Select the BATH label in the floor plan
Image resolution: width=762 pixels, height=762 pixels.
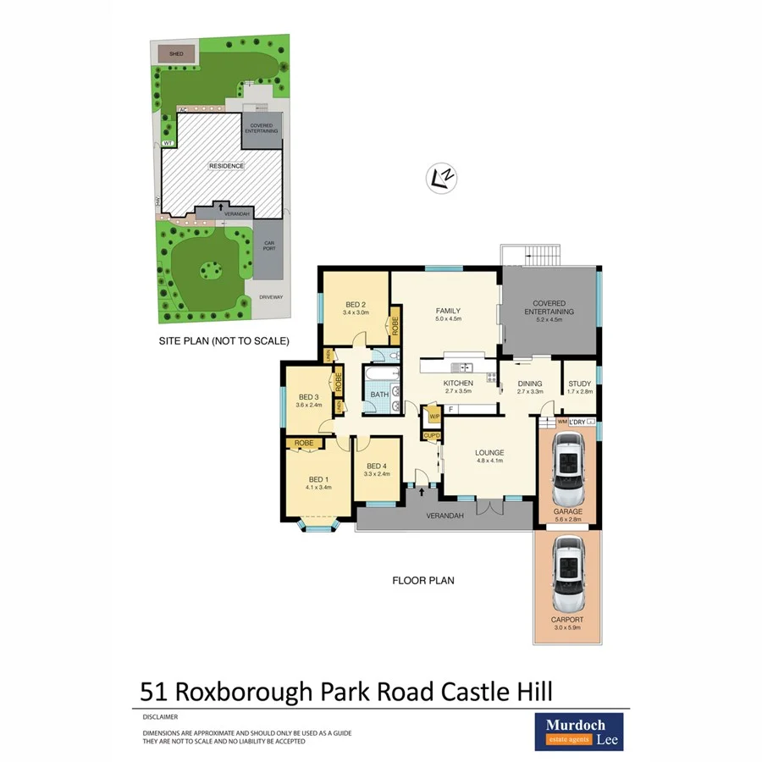378,394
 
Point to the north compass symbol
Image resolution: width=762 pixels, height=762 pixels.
441,177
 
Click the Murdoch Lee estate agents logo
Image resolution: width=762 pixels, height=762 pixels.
578,731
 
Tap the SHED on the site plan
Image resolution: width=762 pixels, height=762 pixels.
175,53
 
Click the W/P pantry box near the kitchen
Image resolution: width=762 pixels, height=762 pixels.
433,417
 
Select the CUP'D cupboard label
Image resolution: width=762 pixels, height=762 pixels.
432,436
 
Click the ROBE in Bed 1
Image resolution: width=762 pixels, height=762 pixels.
305,443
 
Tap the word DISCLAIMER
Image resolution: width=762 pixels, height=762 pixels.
160,715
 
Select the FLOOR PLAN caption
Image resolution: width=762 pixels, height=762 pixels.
422,581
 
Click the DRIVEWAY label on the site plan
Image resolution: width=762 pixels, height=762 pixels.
270,297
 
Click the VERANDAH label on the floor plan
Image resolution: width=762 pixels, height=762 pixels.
444,516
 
